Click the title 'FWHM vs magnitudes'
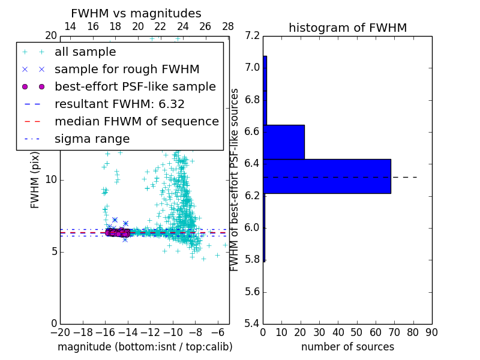click(136, 13)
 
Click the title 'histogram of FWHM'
click(347, 28)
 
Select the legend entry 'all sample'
click(85, 52)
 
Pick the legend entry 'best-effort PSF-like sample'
click(135, 86)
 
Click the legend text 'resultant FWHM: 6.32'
click(119, 104)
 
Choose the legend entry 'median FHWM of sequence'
click(137, 121)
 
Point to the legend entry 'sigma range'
click(92, 139)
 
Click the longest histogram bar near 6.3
click(326, 176)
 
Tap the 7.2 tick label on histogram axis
click(253, 35)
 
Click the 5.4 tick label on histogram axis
click(253, 324)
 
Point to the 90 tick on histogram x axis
click(431, 332)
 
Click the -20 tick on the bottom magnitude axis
click(60, 332)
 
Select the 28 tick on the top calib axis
click(228, 26)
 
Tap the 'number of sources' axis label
click(347, 347)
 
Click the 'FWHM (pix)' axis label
click(35, 180)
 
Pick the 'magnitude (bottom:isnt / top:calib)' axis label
click(145, 347)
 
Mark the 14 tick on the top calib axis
click(70, 26)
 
